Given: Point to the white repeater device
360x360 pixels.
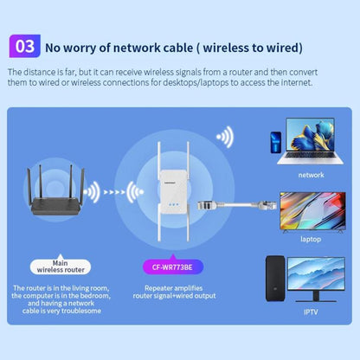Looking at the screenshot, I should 170,198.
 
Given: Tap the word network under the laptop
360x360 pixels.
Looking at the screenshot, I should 311,174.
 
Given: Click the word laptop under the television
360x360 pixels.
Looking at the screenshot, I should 311,238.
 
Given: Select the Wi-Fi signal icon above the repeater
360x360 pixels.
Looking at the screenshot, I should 226,138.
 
